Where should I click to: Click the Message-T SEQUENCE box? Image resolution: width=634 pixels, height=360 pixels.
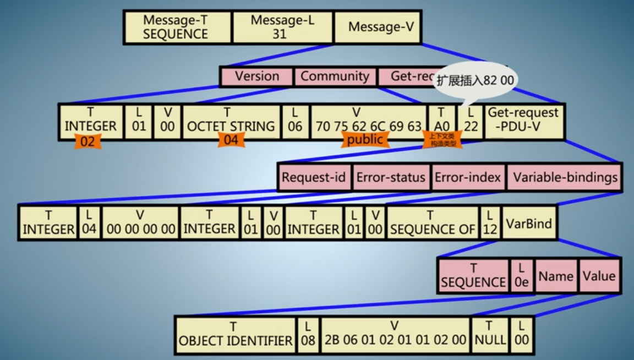(x=176, y=27)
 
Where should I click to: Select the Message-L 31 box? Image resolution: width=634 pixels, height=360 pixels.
(x=282, y=27)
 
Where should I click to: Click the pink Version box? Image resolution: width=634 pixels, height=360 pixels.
(x=256, y=77)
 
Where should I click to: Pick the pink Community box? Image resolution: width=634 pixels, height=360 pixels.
(x=335, y=77)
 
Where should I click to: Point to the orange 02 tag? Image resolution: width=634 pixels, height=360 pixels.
(x=88, y=141)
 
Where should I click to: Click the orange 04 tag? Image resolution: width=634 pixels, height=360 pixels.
(x=231, y=140)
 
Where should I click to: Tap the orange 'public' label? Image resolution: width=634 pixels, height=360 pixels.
(x=365, y=140)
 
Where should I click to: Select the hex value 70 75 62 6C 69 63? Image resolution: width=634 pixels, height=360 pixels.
(x=368, y=127)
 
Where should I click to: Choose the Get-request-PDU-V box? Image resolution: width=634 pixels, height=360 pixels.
(x=523, y=120)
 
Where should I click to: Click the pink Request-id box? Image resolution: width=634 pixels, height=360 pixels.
(x=314, y=177)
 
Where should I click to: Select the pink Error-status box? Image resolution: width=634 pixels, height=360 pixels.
(x=391, y=177)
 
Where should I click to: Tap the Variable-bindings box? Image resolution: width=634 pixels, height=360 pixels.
(x=565, y=177)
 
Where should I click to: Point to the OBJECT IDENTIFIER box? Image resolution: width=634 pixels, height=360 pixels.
(x=236, y=334)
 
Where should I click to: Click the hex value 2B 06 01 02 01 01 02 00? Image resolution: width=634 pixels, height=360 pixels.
(x=395, y=334)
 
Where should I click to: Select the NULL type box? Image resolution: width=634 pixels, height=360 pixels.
(x=490, y=334)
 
